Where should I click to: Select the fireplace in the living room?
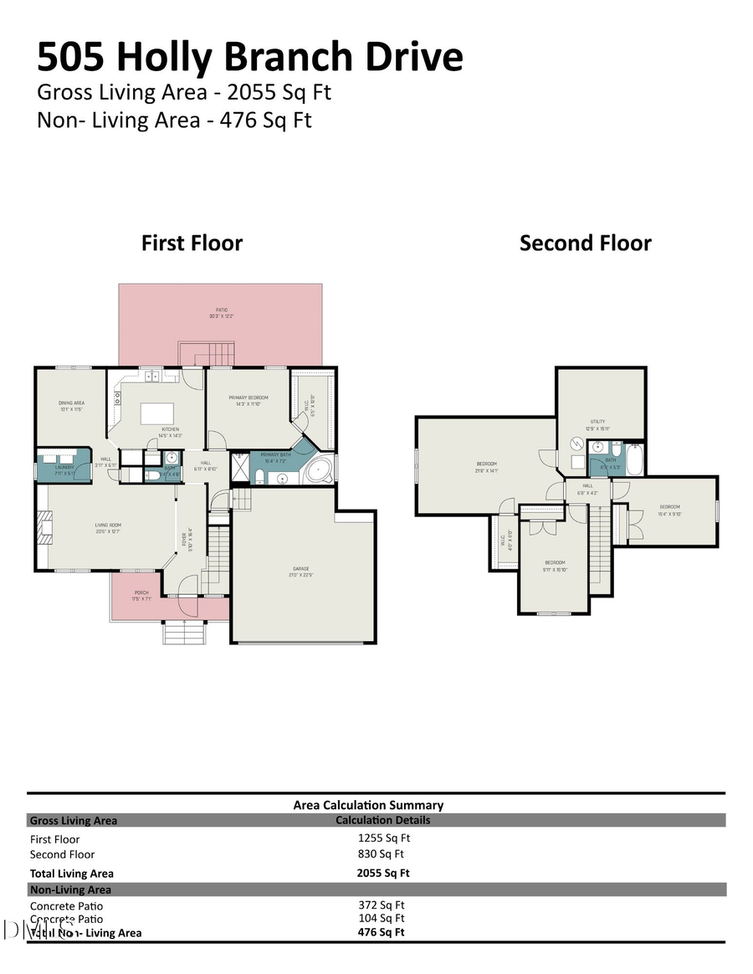(x=43, y=527)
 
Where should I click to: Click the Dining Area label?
(x=71, y=402)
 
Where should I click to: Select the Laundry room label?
(x=64, y=467)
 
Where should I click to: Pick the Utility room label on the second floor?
(x=597, y=422)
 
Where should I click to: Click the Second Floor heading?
(x=585, y=243)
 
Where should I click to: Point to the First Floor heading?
(x=192, y=243)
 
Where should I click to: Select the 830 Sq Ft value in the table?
(x=381, y=854)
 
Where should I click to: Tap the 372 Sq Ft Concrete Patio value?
(x=381, y=905)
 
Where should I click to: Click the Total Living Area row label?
(x=72, y=874)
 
